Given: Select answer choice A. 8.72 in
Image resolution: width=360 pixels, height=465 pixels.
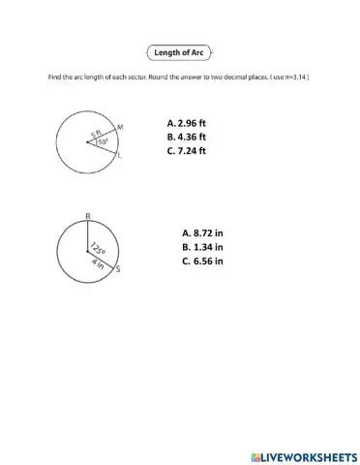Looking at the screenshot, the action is click(x=202, y=233).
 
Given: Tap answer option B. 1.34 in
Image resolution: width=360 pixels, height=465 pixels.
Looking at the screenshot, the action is click(x=202, y=247).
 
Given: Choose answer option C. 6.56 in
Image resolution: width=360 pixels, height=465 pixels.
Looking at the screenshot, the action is click(x=202, y=261).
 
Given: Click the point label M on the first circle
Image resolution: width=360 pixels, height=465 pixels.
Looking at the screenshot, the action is click(x=119, y=127).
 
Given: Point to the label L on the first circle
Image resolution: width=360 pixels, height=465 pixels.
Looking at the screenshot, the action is click(x=119, y=154).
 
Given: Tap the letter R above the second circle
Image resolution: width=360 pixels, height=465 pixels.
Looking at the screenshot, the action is click(x=88, y=215).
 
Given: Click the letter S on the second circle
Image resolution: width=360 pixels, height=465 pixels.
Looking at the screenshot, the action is click(x=118, y=271).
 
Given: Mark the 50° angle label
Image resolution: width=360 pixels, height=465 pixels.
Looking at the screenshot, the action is click(x=103, y=142).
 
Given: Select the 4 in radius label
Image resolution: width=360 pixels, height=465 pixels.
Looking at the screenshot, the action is click(x=97, y=262).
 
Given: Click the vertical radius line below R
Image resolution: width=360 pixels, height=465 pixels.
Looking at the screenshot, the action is click(x=88, y=237).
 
